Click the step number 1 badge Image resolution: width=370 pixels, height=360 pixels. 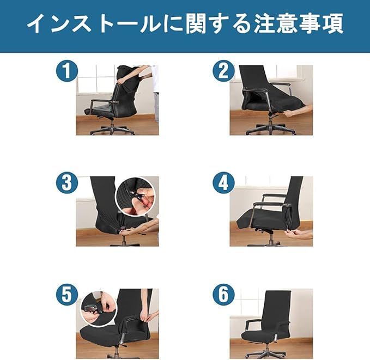click(67, 71)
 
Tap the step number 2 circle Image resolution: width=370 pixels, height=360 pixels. click(224, 71)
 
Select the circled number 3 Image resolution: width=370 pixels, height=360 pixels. click(67, 183)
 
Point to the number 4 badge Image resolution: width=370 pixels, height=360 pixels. click(224, 183)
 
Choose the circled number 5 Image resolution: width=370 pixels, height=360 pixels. click(67, 295)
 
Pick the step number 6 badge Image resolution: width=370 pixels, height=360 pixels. click(224, 295)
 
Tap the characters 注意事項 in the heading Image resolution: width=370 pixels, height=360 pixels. click(298, 23)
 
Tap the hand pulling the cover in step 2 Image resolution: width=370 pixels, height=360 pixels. click(297, 111)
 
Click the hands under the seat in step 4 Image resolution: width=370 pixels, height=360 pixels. click(298, 234)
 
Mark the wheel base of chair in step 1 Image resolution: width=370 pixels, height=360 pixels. click(112, 131)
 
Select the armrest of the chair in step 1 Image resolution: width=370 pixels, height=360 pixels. click(105, 102)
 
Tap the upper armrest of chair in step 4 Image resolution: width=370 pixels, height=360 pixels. click(274, 196)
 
